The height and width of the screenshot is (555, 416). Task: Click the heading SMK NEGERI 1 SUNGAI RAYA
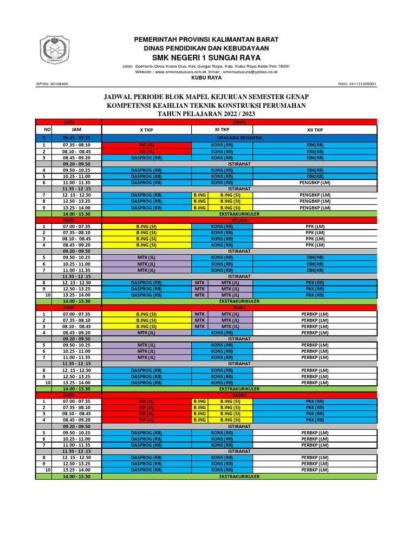pyautogui.click(x=206, y=57)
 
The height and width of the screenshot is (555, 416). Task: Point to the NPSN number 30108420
pyautogui.click(x=52, y=84)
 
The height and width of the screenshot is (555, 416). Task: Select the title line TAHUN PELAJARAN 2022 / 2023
pyautogui.click(x=206, y=114)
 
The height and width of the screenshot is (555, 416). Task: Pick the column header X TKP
pyautogui.click(x=146, y=130)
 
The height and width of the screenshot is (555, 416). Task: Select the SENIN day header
pyautogui.click(x=239, y=122)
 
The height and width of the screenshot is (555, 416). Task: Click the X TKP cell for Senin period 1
pyautogui.click(x=146, y=145)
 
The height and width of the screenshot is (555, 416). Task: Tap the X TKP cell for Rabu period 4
pyautogui.click(x=146, y=332)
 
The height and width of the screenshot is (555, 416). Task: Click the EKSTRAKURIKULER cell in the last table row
pyautogui.click(x=239, y=476)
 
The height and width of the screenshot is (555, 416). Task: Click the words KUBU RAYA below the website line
pyautogui.click(x=206, y=78)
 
